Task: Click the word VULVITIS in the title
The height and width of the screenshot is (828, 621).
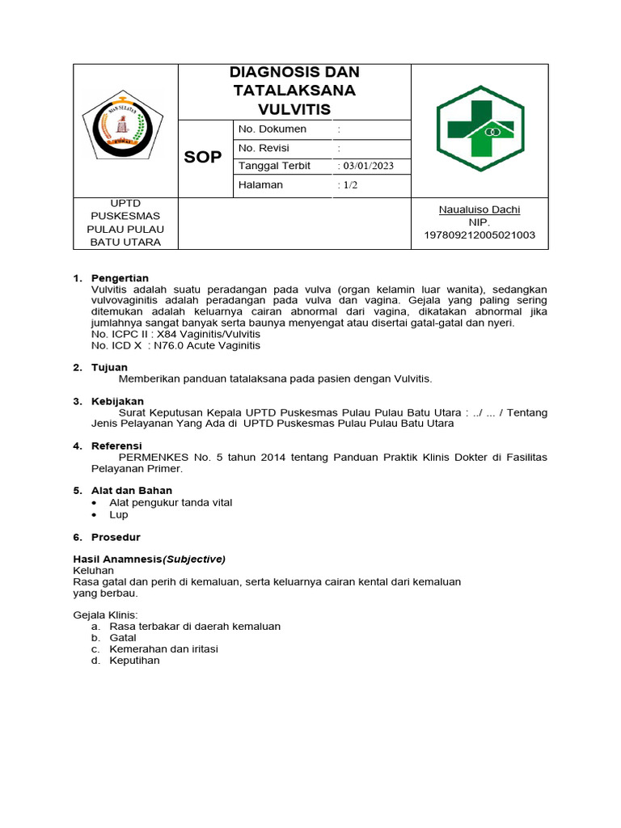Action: (294, 109)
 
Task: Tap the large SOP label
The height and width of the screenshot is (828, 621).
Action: (202, 158)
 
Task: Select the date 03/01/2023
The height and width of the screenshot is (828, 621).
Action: (368, 166)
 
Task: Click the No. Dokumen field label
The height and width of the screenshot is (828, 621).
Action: (272, 129)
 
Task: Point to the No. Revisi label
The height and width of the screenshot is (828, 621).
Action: (264, 148)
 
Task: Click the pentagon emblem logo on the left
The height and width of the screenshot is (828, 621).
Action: (124, 129)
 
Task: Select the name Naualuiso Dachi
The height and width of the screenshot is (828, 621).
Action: (479, 209)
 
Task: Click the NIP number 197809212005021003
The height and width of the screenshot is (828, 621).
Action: (479, 234)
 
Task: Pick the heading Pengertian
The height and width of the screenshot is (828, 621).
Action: (120, 278)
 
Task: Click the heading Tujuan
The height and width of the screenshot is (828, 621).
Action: (109, 367)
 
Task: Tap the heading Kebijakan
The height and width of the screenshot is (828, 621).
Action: (117, 401)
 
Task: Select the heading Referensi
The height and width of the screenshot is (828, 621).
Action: (116, 446)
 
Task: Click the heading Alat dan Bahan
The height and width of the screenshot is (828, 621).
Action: (131, 490)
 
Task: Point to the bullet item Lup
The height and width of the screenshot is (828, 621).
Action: (119, 514)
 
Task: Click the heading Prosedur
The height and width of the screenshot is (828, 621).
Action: (116, 537)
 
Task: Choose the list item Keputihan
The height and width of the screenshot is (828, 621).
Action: (134, 660)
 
